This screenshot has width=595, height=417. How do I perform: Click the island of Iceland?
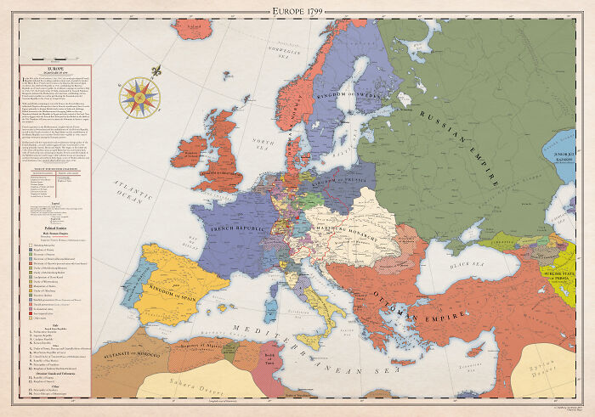[193, 27]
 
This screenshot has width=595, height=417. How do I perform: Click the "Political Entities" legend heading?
[54, 228]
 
